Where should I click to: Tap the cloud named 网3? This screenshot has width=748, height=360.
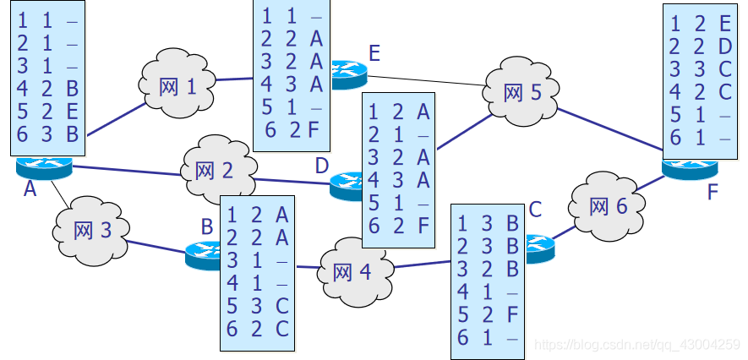pos(93,229)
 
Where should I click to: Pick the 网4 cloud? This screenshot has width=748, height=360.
pos(352,271)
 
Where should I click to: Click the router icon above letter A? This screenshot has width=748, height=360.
pos(44,167)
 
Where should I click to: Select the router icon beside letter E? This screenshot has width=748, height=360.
pos(346,74)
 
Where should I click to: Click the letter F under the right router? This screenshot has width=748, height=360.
pos(712,192)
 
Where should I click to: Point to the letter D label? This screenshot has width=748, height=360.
pos(321,166)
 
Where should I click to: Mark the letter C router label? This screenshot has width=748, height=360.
pos(534,209)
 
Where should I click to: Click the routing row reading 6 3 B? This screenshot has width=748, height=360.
pos(48,133)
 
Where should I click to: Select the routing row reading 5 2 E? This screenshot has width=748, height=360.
pos(48,111)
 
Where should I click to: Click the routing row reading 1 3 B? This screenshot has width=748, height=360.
pos(488,223)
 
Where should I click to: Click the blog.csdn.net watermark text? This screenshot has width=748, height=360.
pos(639,345)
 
